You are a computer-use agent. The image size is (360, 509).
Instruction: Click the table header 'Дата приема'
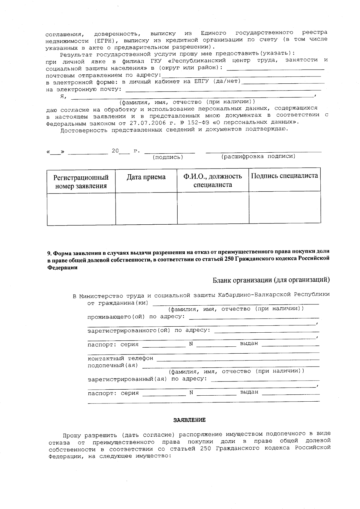pos(146,177)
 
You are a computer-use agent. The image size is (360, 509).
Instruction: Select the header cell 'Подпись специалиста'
pos(284,176)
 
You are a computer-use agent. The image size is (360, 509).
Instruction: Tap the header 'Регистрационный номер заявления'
pos(81,182)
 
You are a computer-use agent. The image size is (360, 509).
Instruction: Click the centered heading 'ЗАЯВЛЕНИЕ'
pos(189,420)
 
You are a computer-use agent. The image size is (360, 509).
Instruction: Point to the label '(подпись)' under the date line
pos(168,157)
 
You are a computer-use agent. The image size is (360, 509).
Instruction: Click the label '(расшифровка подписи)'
pos(258,157)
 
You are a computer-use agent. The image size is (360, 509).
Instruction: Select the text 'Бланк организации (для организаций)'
pos(271,280)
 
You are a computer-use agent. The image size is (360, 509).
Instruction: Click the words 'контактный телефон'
pos(120,358)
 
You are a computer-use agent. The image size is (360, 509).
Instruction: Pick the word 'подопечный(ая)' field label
pos(112,365)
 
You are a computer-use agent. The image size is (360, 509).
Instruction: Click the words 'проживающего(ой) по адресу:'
pos(136,317)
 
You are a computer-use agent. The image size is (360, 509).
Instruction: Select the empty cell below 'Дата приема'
pos(146,208)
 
